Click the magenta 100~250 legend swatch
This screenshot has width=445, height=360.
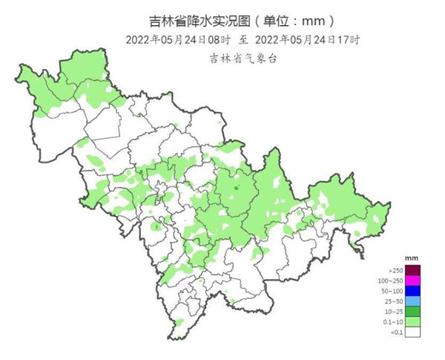[x=413, y=281]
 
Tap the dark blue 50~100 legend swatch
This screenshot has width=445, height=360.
[x=413, y=291]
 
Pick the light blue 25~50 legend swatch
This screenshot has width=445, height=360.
[x=413, y=301]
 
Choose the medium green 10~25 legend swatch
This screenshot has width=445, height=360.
[x=413, y=312]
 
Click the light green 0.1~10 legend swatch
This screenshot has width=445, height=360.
[x=413, y=322]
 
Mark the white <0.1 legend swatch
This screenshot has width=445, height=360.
[x=413, y=333]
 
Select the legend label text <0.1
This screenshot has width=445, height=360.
[x=395, y=333]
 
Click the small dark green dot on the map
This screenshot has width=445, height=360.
[x=237, y=189]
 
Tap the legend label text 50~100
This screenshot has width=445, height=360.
[x=392, y=292]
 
